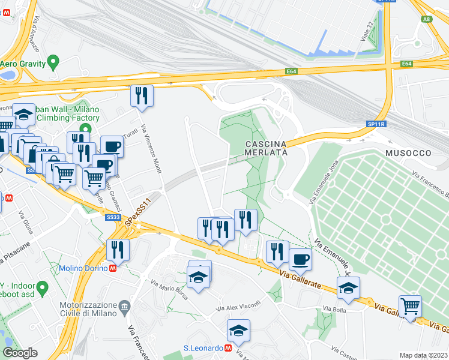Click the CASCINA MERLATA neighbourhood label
click(x=266, y=148)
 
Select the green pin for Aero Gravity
click(x=53, y=61)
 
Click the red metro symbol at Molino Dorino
click(x=112, y=268)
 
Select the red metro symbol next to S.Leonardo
click(x=228, y=347)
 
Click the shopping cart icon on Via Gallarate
click(x=411, y=306)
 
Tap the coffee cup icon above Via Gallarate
click(x=300, y=259)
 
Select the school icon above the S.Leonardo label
click(x=238, y=330)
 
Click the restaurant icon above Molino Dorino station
click(x=118, y=250)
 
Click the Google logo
click(x=20, y=353)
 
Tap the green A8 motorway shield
click(x=427, y=19)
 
